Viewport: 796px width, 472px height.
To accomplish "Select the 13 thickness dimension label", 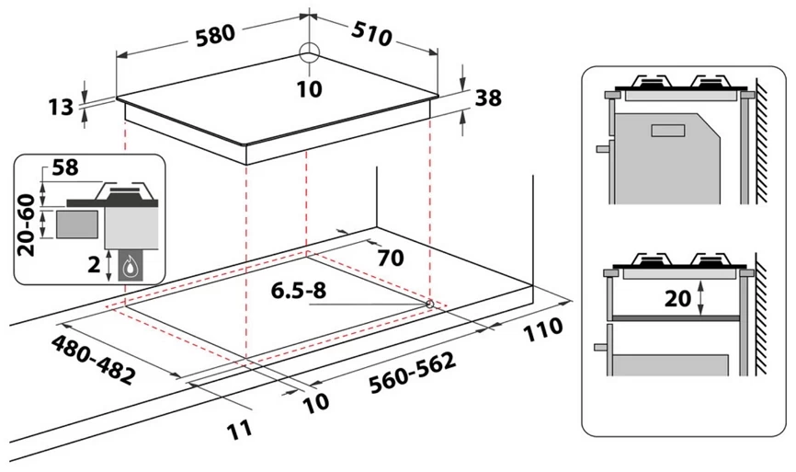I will coord(61,108).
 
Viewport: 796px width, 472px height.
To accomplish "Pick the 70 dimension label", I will coord(390,258).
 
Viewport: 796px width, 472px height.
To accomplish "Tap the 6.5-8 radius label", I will coord(300,292).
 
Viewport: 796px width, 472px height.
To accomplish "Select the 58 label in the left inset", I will coord(64,168).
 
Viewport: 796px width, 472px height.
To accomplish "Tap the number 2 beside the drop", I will coord(94,263).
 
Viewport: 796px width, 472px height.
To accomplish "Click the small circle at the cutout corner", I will coord(429,304).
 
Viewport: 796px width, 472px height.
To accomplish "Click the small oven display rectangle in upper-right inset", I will coord(666,131).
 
